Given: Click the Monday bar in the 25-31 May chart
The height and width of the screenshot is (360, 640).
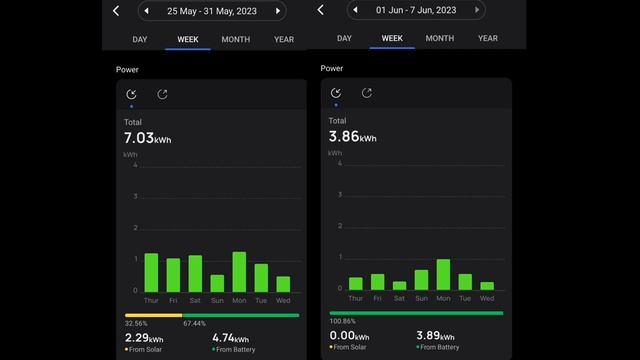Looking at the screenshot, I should pyautogui.click(x=239, y=272).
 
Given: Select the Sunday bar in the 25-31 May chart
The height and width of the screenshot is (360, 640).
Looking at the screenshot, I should pyautogui.click(x=217, y=283).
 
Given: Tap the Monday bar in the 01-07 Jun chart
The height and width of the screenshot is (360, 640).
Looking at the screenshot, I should pyautogui.click(x=443, y=274).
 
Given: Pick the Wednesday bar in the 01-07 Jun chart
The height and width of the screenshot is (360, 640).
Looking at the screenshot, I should pyautogui.click(x=487, y=285).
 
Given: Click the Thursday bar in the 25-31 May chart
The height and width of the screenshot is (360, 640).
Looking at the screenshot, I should pyautogui.click(x=151, y=272).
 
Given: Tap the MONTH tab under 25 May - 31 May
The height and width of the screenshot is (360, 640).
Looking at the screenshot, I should pyautogui.click(x=236, y=39).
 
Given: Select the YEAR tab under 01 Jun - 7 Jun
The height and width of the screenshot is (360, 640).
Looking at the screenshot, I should pyautogui.click(x=488, y=38).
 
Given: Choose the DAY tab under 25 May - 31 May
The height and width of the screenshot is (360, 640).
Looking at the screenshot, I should pyautogui.click(x=140, y=39).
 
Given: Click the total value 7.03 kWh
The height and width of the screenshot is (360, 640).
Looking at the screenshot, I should pyautogui.click(x=147, y=138).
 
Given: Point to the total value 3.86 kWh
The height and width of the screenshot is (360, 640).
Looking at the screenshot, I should pyautogui.click(x=352, y=137).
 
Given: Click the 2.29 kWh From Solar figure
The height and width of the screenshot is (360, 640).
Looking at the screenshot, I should pyautogui.click(x=144, y=338).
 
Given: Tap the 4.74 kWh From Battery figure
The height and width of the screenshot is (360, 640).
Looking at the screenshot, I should pyautogui.click(x=230, y=338).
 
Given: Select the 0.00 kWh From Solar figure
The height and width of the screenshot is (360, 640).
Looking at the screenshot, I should pyautogui.click(x=349, y=337).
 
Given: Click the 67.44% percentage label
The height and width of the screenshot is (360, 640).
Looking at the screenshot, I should pyautogui.click(x=194, y=324).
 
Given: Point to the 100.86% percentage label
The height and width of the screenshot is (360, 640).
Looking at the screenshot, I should pyautogui.click(x=342, y=322).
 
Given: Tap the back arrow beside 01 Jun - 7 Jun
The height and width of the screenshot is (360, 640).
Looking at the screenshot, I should pyautogui.click(x=320, y=10).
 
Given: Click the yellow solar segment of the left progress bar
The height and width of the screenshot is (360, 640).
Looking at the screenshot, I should pyautogui.click(x=153, y=315).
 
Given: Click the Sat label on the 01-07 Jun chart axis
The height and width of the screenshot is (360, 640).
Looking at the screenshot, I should pyautogui.click(x=399, y=298).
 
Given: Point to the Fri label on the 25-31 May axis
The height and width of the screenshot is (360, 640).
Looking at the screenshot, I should pyautogui.click(x=173, y=300).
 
